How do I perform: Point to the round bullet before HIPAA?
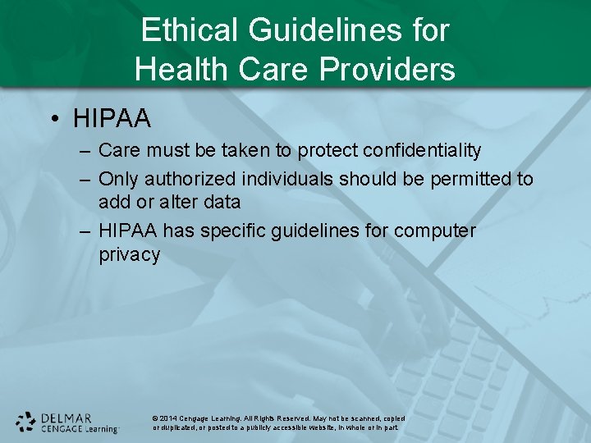click(x=54, y=120)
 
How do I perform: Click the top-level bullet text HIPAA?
click(x=112, y=119)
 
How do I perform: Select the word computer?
click(x=434, y=231)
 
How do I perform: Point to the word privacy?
click(x=129, y=254)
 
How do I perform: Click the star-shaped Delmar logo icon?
click(x=25, y=422)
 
